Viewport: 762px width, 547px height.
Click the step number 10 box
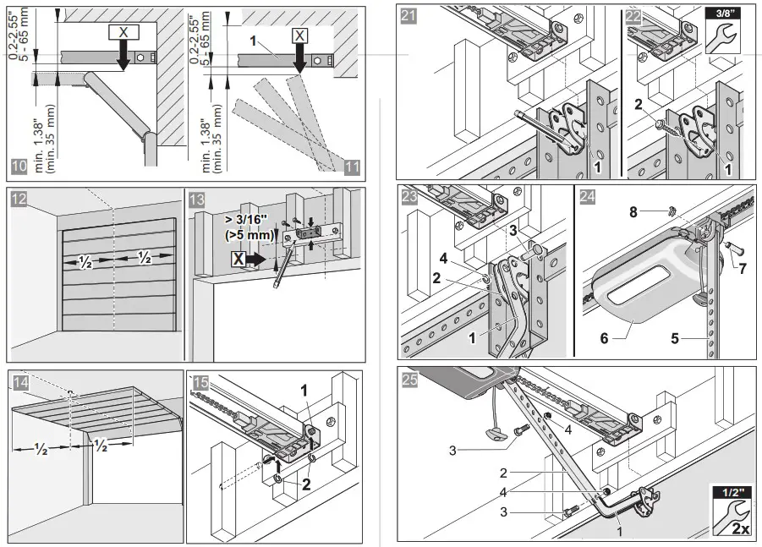[19, 166]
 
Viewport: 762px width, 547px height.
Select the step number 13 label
[195, 200]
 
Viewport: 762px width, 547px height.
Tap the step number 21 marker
[408, 14]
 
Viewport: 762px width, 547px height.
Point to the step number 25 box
[408, 380]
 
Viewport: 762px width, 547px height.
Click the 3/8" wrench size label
[721, 14]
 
